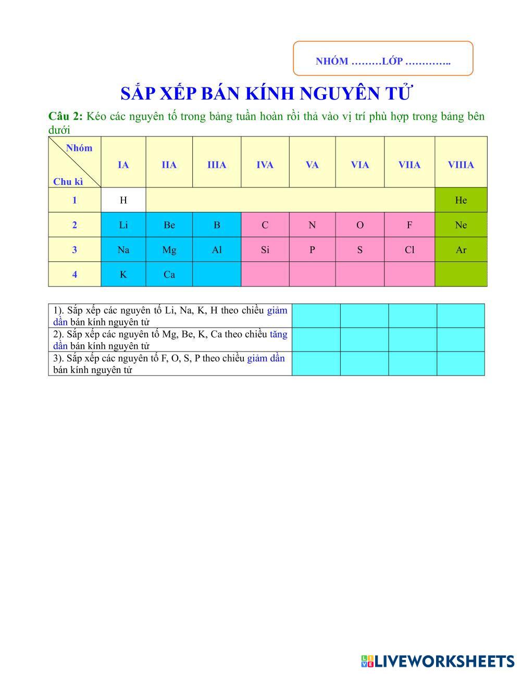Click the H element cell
pos(123,200)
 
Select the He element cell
pos(461,200)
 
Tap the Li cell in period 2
pos(123,225)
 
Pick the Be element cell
pos(169,225)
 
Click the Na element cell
pos(123,249)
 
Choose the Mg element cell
pos(169,249)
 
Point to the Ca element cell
pos(169,274)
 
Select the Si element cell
pos(265,249)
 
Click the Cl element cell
pos(409,249)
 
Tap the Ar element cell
pos(461,249)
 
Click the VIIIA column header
pos(461,165)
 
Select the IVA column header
pos(265,165)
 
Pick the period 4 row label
pos(75,274)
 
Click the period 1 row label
pos(75,200)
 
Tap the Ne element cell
pos(461,225)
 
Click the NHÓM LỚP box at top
pos(383,58)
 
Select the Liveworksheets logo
pos(437,661)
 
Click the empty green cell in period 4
pos(461,274)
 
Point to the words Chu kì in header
pos(68,182)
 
